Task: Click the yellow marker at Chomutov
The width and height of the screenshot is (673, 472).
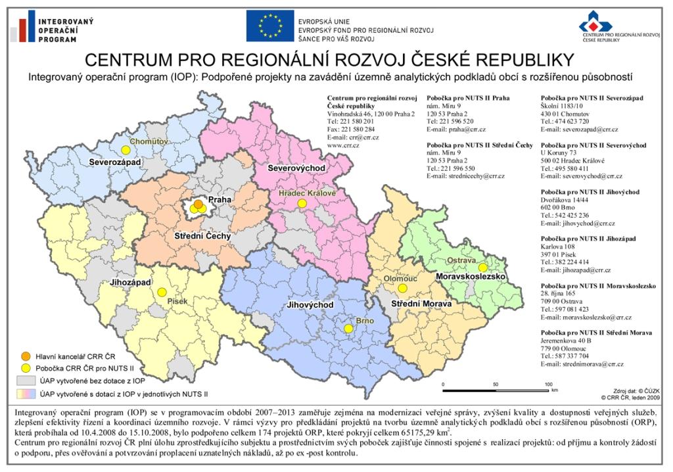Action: coord(126,150)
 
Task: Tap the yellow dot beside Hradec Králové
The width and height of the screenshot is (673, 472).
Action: coord(302,204)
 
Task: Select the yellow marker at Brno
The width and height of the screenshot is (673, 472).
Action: coord(348,328)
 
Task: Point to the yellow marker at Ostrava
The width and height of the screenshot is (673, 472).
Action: coord(483,268)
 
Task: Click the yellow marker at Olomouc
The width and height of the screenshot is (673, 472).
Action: coord(403,288)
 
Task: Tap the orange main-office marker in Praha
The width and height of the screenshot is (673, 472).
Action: coord(198,204)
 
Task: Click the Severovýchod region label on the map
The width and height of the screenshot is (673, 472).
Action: coord(296,169)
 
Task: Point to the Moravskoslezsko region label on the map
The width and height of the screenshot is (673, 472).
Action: coord(471,277)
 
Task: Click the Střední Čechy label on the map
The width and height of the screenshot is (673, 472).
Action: coord(202,235)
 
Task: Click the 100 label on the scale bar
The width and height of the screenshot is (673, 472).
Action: coord(547,383)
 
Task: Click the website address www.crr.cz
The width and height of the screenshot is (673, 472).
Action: coord(340,146)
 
